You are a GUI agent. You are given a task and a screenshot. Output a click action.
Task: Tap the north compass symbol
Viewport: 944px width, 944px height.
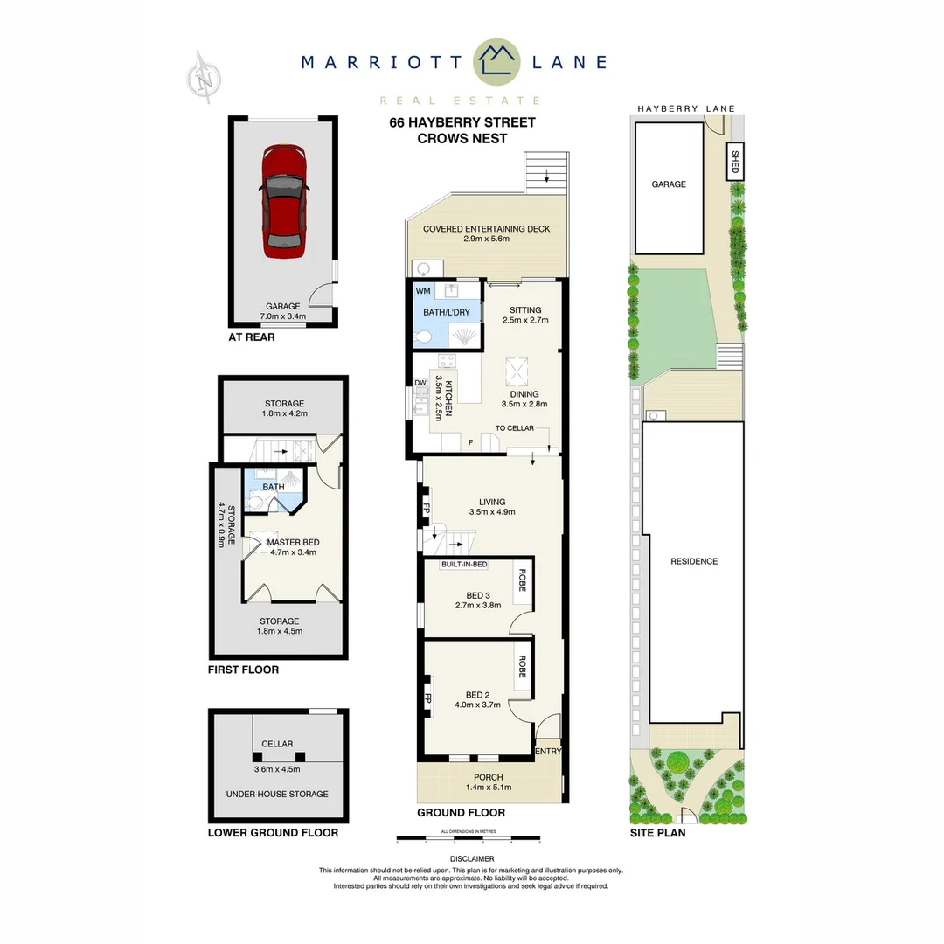click(205, 78)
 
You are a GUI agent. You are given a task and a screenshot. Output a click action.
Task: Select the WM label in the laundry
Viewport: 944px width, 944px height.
click(423, 290)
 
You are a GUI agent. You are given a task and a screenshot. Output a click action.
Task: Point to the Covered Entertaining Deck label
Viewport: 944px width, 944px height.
click(486, 229)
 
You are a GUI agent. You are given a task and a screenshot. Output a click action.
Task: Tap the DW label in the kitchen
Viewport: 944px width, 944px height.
click(420, 383)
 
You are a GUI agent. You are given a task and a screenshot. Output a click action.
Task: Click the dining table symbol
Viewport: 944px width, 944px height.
click(517, 371)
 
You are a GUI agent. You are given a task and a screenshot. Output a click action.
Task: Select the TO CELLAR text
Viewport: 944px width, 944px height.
click(514, 428)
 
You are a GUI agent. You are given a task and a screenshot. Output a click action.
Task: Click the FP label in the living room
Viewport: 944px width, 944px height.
click(427, 509)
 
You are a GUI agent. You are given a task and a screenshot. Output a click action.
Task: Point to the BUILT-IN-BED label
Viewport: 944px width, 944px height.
click(464, 565)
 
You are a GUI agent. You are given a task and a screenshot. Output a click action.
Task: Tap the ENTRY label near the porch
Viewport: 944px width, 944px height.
click(548, 751)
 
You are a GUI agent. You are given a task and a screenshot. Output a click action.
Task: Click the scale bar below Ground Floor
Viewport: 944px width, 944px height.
click(469, 840)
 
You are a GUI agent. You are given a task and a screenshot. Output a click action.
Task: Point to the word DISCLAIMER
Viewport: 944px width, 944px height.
click(472, 859)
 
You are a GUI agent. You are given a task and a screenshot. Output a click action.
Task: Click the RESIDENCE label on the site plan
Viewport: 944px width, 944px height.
click(694, 561)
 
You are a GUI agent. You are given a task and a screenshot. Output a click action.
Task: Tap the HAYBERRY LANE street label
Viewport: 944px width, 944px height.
click(685, 108)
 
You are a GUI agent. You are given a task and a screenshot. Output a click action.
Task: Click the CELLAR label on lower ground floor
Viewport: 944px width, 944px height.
click(276, 744)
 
